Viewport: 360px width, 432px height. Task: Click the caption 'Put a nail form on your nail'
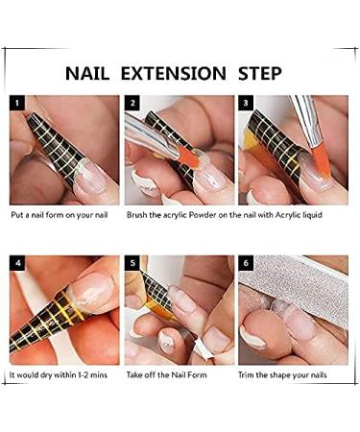click(60, 214)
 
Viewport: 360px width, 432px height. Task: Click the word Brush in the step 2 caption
click(139, 214)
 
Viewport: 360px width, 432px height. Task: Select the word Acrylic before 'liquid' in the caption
click(289, 214)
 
